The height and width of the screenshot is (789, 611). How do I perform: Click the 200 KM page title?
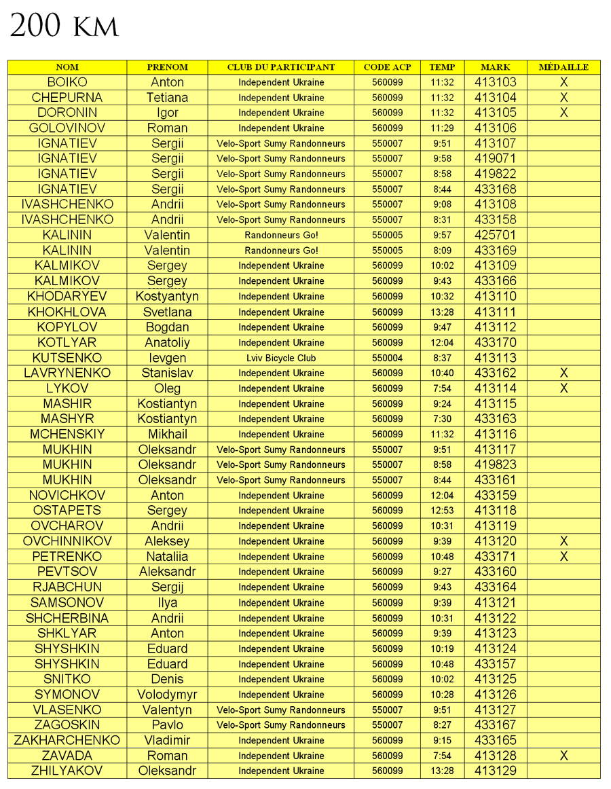(64, 27)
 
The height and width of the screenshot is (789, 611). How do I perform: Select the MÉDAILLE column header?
(563, 67)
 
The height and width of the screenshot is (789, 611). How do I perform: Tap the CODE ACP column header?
(387, 67)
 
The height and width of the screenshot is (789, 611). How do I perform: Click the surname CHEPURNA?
(67, 98)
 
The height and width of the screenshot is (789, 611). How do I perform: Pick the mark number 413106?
(495, 128)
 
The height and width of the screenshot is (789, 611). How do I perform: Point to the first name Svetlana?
(168, 312)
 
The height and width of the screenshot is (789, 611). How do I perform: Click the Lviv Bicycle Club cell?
(281, 358)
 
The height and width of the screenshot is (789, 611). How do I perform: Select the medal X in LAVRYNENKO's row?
(563, 373)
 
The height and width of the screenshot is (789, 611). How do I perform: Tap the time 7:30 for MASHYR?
(442, 419)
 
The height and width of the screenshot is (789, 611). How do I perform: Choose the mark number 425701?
(495, 236)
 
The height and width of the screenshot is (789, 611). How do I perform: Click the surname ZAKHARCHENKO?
(67, 740)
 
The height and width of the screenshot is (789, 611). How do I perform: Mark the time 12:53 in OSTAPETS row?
(442, 511)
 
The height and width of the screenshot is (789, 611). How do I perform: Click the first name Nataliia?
(168, 557)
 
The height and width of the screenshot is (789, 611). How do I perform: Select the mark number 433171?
(495, 557)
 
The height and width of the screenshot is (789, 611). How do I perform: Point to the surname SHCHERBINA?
(67, 618)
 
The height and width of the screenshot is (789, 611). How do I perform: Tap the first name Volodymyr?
(168, 695)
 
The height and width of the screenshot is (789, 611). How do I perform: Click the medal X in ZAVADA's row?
(563, 756)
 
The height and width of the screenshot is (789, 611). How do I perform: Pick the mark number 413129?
(495, 771)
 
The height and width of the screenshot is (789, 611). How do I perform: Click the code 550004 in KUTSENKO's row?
(387, 358)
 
